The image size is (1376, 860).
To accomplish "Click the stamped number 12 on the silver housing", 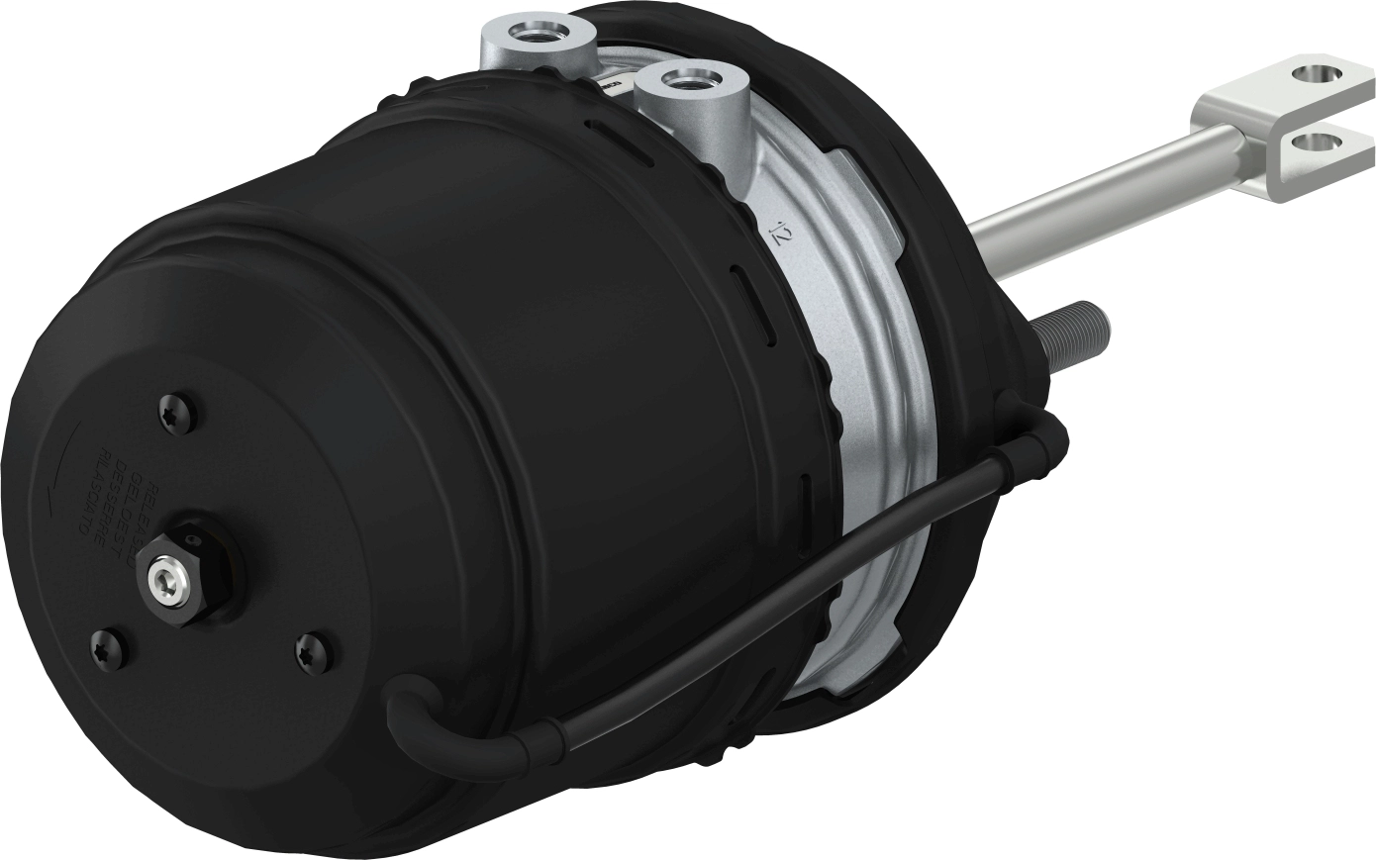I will (783, 235).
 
